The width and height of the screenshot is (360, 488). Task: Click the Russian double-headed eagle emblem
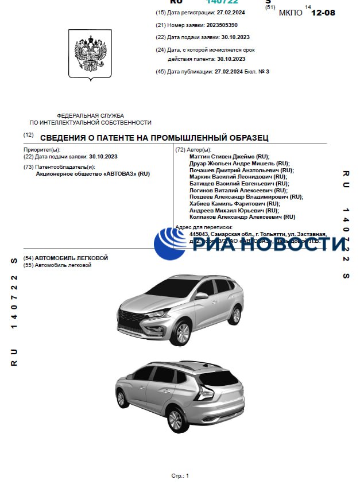pos(91,55)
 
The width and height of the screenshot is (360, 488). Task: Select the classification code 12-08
pos(323,12)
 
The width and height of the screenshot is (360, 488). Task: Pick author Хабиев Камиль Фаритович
pos(234,203)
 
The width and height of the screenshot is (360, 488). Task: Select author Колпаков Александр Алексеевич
pos(242,217)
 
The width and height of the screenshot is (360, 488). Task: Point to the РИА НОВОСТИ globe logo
pos(169,243)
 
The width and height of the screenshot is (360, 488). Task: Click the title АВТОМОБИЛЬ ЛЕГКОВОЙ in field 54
pos(71,258)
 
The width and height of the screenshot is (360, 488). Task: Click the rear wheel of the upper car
pos(235,315)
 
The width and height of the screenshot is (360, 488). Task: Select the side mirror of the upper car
pos(201,296)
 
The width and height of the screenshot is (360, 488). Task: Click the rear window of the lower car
pos(219,377)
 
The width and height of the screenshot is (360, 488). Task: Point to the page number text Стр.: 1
pos(180,476)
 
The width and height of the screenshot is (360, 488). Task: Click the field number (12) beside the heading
pos(28,134)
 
